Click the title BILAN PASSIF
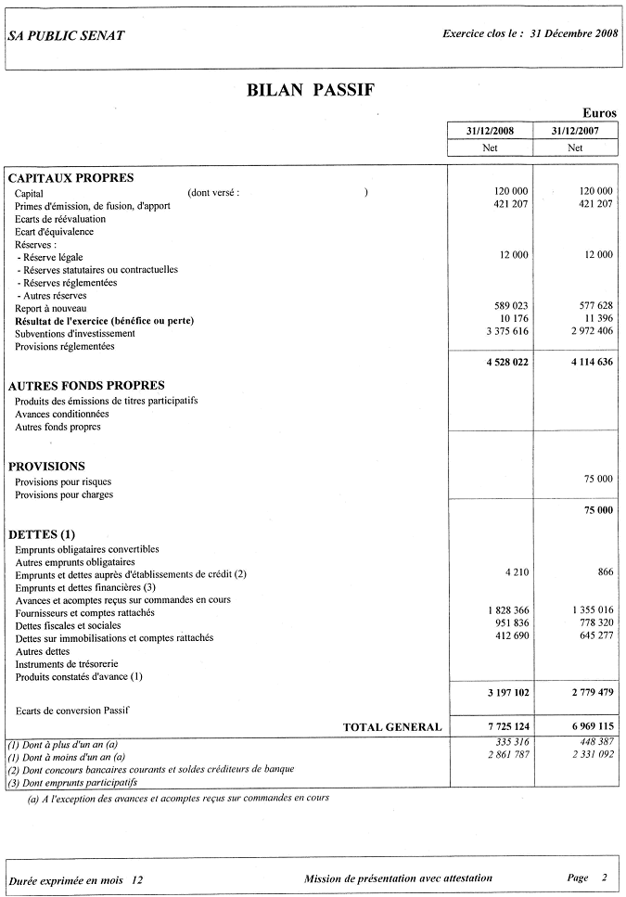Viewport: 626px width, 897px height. [x=311, y=90]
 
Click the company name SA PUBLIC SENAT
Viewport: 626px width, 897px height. [x=65, y=35]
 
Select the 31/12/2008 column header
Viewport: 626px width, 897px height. [x=492, y=131]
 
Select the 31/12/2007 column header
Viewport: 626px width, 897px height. [x=575, y=131]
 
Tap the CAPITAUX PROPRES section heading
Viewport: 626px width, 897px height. [x=71, y=178]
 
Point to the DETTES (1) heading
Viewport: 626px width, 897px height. [x=42, y=534]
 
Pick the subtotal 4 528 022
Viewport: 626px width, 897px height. [x=506, y=362]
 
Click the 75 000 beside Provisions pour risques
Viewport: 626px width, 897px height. [x=598, y=479]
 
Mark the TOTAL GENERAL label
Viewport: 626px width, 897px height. [x=392, y=727]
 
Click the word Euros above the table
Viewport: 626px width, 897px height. [x=599, y=112]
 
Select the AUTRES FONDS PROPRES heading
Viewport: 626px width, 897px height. [x=86, y=385]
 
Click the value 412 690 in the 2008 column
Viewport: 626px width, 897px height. [x=509, y=637]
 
